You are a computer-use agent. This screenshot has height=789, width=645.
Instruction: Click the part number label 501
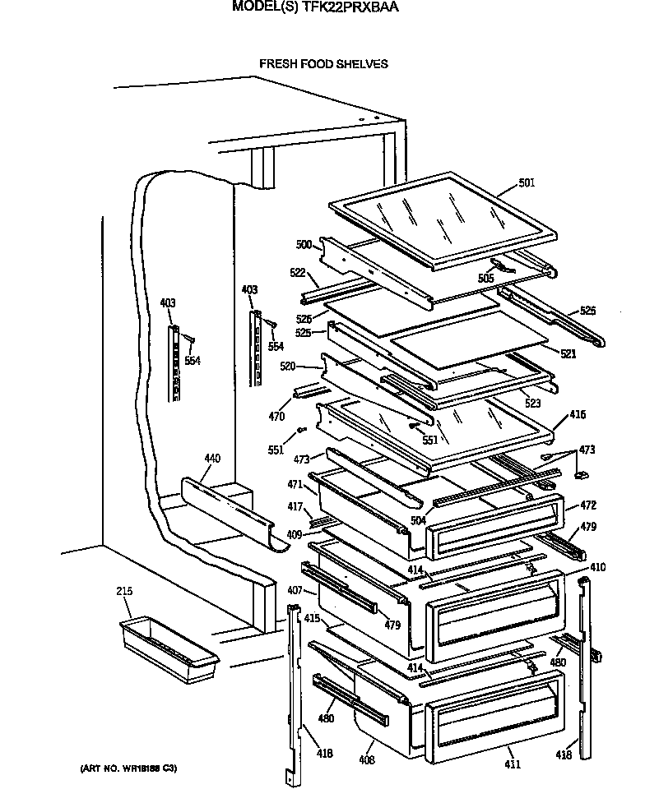527,182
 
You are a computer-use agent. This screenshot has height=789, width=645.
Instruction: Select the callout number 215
125,591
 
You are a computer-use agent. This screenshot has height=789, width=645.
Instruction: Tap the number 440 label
212,459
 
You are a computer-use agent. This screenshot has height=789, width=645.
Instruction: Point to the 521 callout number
568,354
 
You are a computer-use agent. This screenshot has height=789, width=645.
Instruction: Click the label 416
578,415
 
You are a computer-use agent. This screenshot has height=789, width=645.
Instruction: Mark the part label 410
597,567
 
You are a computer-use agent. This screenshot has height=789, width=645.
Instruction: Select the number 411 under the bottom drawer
513,764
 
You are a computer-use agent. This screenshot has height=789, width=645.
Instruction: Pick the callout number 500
304,244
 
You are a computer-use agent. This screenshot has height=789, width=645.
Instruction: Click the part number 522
297,272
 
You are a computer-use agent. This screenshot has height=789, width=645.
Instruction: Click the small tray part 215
169,652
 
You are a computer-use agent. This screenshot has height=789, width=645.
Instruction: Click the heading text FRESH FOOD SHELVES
323,63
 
